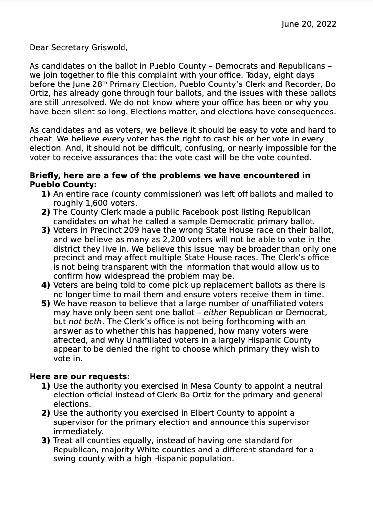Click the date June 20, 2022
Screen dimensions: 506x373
309,24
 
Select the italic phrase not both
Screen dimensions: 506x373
85,322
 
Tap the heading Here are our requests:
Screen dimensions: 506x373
80,377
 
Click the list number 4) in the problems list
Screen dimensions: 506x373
46,285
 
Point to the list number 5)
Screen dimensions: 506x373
46,304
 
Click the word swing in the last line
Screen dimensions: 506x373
65,459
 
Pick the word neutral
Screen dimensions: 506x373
308,386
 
